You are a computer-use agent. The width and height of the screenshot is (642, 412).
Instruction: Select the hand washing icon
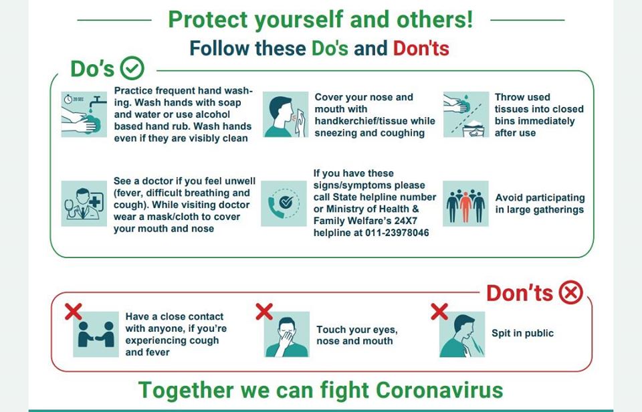(84, 114)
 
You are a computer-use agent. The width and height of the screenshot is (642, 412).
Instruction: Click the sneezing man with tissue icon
(286, 114)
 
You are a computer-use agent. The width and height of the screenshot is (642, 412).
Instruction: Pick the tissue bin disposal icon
(466, 114)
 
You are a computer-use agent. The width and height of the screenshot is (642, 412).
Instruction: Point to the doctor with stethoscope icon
(84, 203)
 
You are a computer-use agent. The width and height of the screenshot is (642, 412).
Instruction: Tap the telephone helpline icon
(284, 203)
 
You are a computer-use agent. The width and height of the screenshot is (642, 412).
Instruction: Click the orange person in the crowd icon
(465, 206)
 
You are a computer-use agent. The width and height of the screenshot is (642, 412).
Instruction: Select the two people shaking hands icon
(96, 334)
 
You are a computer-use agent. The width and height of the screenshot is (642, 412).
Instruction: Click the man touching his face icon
(287, 334)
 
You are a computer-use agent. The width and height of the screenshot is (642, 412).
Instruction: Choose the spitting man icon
(462, 334)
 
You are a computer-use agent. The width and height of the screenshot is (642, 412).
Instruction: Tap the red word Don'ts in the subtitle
(421, 48)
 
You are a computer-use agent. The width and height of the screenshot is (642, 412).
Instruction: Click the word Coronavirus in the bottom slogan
(439, 390)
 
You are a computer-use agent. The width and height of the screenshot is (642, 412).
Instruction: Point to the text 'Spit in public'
(522, 333)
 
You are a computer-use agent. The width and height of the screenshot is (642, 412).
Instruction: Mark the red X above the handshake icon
(74, 312)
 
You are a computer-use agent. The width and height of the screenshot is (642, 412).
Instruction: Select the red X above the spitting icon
(439, 312)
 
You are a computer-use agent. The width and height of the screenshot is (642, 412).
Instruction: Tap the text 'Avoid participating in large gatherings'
(540, 203)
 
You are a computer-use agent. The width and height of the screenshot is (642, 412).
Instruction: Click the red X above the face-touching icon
(264, 312)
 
